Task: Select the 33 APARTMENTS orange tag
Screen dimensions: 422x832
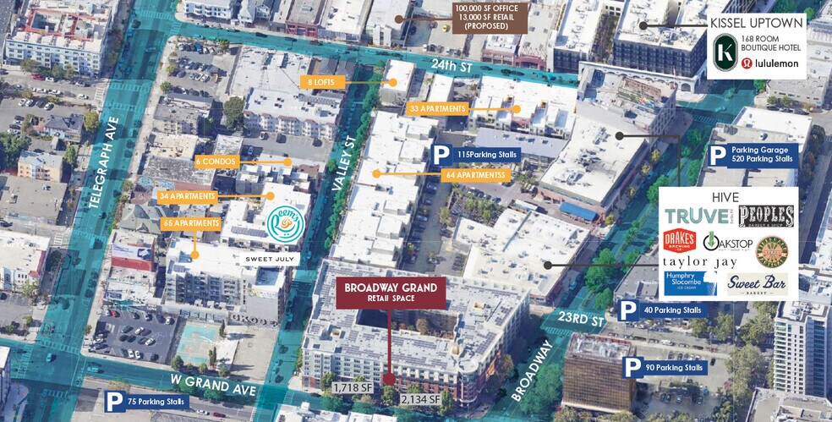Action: point(437,109)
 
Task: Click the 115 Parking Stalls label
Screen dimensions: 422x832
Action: point(474,155)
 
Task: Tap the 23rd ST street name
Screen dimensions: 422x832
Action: point(583,319)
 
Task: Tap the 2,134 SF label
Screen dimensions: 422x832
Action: point(421,398)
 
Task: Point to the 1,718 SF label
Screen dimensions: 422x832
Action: point(352,387)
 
